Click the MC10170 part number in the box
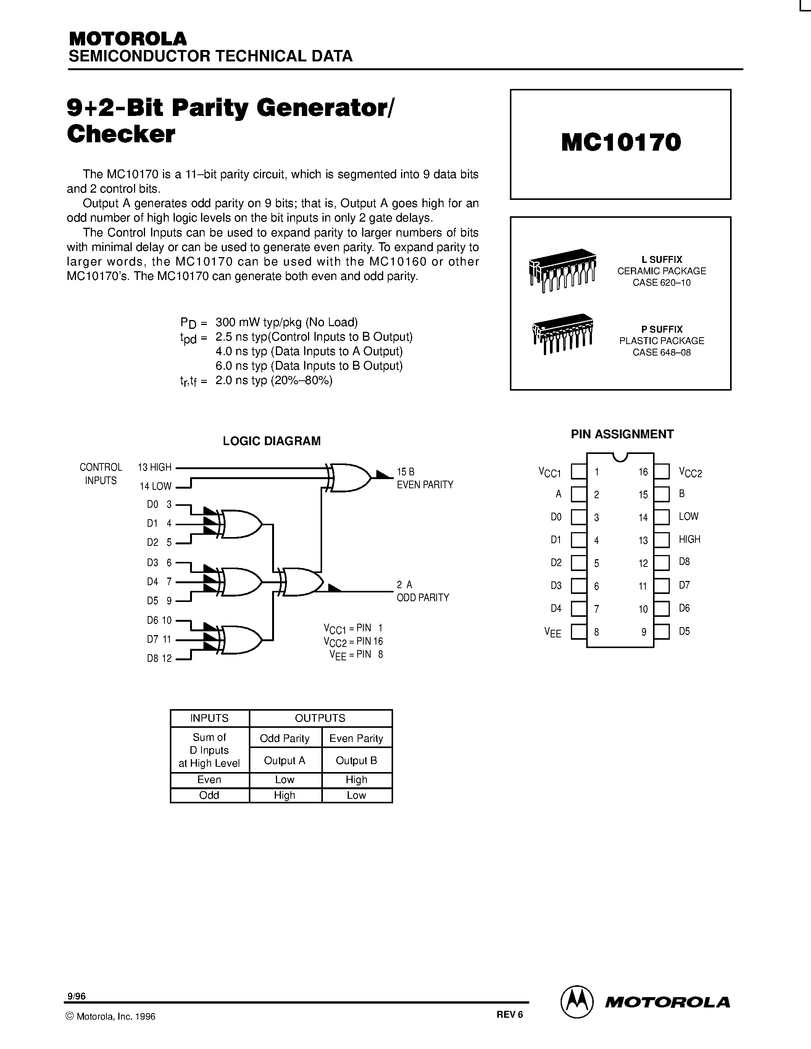(621, 143)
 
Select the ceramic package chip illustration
(562, 270)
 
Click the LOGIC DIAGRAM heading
(271, 441)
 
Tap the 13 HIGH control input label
(154, 467)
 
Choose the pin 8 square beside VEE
(579, 632)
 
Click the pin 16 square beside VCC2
(661, 471)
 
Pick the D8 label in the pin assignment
(684, 562)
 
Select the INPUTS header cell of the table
(210, 718)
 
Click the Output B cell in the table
(356, 760)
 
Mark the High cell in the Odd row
(284, 795)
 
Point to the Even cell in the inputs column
(210, 780)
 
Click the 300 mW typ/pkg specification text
(286, 322)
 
